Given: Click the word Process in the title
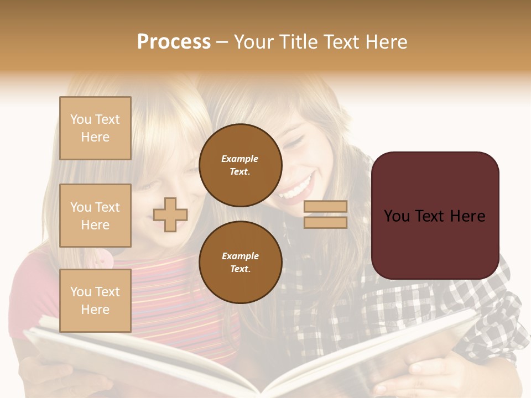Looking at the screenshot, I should (x=174, y=41).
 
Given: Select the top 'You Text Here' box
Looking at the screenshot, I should (x=95, y=128).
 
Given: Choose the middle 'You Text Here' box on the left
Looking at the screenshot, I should (x=95, y=216).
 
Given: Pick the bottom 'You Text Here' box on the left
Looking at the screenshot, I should (x=95, y=300).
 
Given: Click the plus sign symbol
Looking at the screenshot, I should (x=170, y=214).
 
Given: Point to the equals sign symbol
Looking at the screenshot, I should (x=325, y=214).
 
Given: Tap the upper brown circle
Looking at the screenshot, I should (x=241, y=165).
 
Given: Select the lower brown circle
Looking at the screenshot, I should (x=241, y=263).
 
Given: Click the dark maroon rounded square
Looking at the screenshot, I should (x=435, y=216).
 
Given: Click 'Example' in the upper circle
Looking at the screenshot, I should (x=240, y=159).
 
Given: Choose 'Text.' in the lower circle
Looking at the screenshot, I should (x=240, y=269).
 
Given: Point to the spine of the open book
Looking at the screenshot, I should (x=271, y=387).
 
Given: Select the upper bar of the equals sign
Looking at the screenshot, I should (x=325, y=207).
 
